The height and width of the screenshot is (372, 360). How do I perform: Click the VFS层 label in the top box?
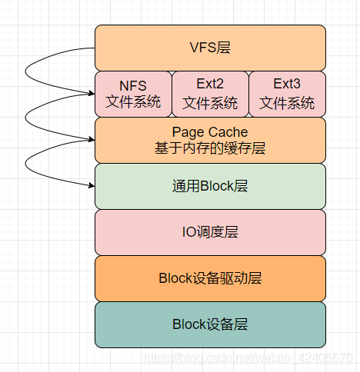pos(210,48)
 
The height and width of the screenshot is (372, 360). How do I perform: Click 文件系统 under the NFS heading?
pos(132,102)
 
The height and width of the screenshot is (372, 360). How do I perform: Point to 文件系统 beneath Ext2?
pos(210,102)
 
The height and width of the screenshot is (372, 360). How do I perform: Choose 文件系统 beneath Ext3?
pos(287,102)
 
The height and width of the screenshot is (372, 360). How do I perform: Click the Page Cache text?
pos(210,132)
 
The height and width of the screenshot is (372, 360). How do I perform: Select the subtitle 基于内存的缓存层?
pos(210,149)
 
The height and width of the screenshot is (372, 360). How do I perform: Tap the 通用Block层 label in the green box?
pos(210,186)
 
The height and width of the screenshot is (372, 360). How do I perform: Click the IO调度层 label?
pos(210,232)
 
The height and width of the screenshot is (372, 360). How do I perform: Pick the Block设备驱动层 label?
pos(210,278)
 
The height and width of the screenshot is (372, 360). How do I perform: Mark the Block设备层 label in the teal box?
pos(210,324)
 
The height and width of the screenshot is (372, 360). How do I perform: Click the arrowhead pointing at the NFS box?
pos(90,94)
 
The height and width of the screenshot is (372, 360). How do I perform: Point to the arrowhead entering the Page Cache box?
pos(90,140)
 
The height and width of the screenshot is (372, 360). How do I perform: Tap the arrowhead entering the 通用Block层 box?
pos(90,185)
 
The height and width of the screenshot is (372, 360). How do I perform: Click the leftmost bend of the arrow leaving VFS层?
pos(27,73)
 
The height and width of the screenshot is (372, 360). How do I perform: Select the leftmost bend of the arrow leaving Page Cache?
pos(27,164)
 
